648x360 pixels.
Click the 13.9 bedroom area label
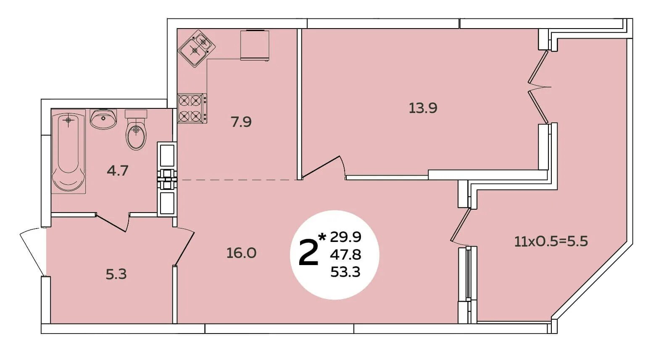click(x=423, y=108)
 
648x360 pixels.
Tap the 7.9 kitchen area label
click(x=241, y=122)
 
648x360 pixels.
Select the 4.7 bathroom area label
click(x=117, y=171)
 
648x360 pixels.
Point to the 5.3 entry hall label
click(x=116, y=274)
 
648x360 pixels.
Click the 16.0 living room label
click(x=241, y=253)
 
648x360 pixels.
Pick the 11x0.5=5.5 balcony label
click(x=551, y=242)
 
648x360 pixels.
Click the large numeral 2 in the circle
click(x=308, y=253)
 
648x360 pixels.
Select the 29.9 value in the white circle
click(x=346, y=237)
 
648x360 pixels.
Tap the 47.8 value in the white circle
click(x=346, y=255)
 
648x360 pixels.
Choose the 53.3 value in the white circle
click(x=346, y=272)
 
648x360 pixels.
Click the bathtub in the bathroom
click(x=68, y=152)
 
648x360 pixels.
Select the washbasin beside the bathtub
click(x=103, y=119)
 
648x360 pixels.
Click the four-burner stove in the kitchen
click(x=192, y=108)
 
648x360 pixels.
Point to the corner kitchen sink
click(x=197, y=48)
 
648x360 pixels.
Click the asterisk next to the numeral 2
click(x=322, y=237)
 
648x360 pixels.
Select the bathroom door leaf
click(x=111, y=222)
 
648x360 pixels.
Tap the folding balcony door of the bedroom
click(x=538, y=87)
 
